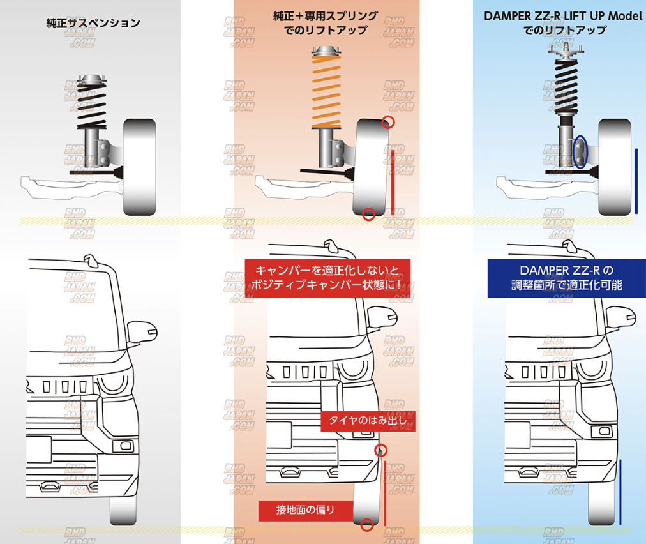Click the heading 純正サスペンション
[93, 24]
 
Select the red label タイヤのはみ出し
[368, 420]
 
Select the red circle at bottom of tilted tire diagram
[368, 215]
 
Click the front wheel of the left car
[124, 508]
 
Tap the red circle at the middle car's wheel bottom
[366, 525]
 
